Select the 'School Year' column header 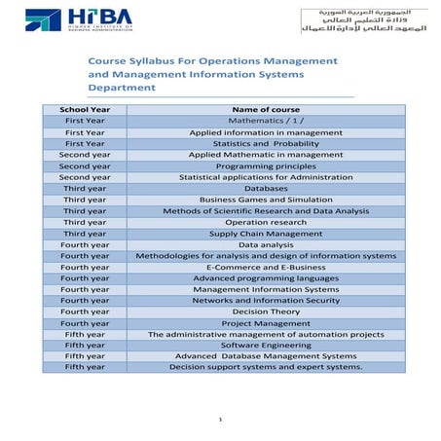[x=85, y=109]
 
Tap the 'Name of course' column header [x=267, y=109]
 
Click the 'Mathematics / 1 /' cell [x=267, y=121]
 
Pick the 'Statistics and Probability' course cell [x=267, y=143]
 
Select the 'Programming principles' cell [x=267, y=166]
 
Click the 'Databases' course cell [x=267, y=188]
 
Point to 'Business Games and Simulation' [x=267, y=200]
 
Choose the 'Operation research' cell [x=267, y=222]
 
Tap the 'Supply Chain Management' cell [x=267, y=234]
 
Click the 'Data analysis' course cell [x=267, y=244]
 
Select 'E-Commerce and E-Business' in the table [x=267, y=267]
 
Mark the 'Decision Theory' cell [x=267, y=312]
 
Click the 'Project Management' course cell [x=267, y=323]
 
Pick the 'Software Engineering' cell [x=267, y=346]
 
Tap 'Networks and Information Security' [x=267, y=301]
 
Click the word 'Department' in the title [x=122, y=88]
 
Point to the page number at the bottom [x=221, y=420]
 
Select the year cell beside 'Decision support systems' [x=85, y=367]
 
